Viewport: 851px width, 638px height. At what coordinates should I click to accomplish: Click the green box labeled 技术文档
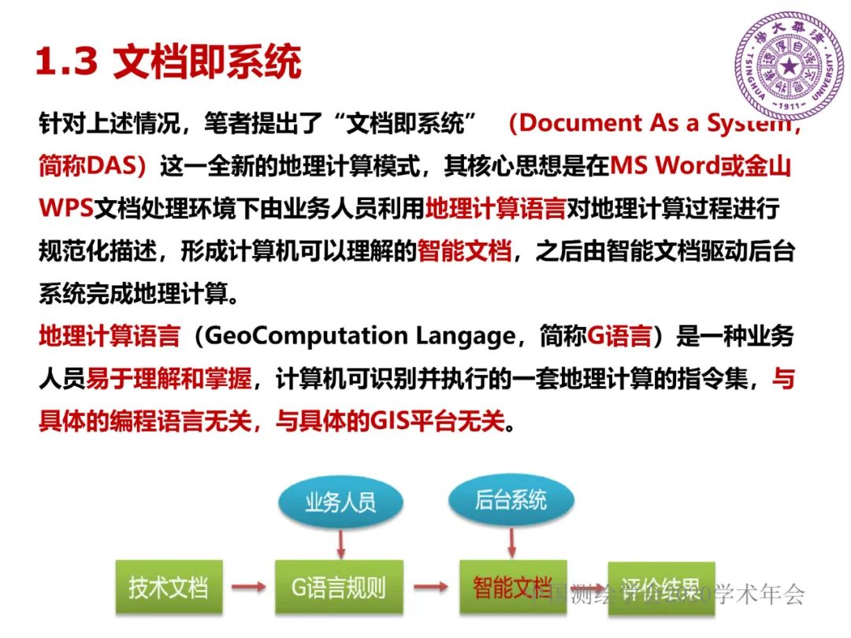click(169, 587)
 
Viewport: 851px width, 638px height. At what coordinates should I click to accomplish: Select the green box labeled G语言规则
click(339, 587)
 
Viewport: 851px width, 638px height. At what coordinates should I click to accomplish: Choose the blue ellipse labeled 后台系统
click(511, 500)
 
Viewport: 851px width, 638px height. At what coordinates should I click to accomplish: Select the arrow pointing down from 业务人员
click(340, 542)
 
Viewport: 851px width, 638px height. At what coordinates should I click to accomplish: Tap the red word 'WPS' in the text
click(66, 209)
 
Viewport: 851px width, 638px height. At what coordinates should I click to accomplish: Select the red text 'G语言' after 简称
click(619, 337)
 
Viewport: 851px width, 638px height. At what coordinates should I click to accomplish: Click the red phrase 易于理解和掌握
click(169, 380)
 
